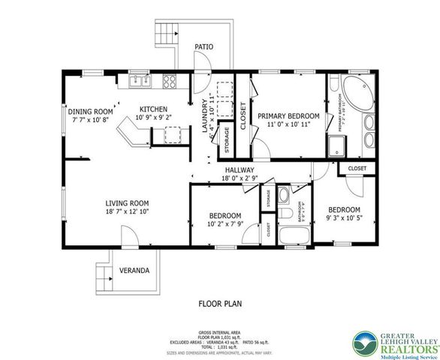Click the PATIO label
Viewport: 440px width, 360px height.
(x=203, y=46)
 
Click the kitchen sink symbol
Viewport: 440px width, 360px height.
(x=137, y=79)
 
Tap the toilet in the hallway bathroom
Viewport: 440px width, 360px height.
(x=283, y=197)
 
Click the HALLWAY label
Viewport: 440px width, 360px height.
(x=240, y=170)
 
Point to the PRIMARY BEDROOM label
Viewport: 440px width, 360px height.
(x=288, y=116)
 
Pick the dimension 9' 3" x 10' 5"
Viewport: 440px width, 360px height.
(x=345, y=217)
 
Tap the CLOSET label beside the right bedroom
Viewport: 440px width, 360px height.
(x=357, y=169)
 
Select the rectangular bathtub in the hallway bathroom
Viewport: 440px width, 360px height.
(x=289, y=238)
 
